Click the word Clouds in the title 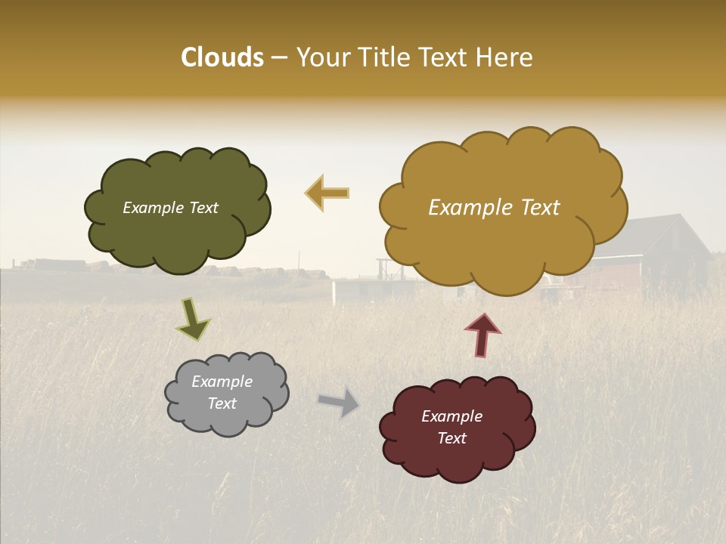pyautogui.click(x=222, y=57)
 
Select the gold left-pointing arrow pyautogui.click(x=327, y=193)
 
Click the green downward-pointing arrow pyautogui.click(x=192, y=320)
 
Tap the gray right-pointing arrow pyautogui.click(x=339, y=403)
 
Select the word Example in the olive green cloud pyautogui.click(x=153, y=208)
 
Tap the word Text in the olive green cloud pyautogui.click(x=203, y=208)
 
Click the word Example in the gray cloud pyautogui.click(x=222, y=382)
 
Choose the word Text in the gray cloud pyautogui.click(x=222, y=403)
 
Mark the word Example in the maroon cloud pyautogui.click(x=451, y=416)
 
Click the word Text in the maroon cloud pyautogui.click(x=451, y=438)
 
